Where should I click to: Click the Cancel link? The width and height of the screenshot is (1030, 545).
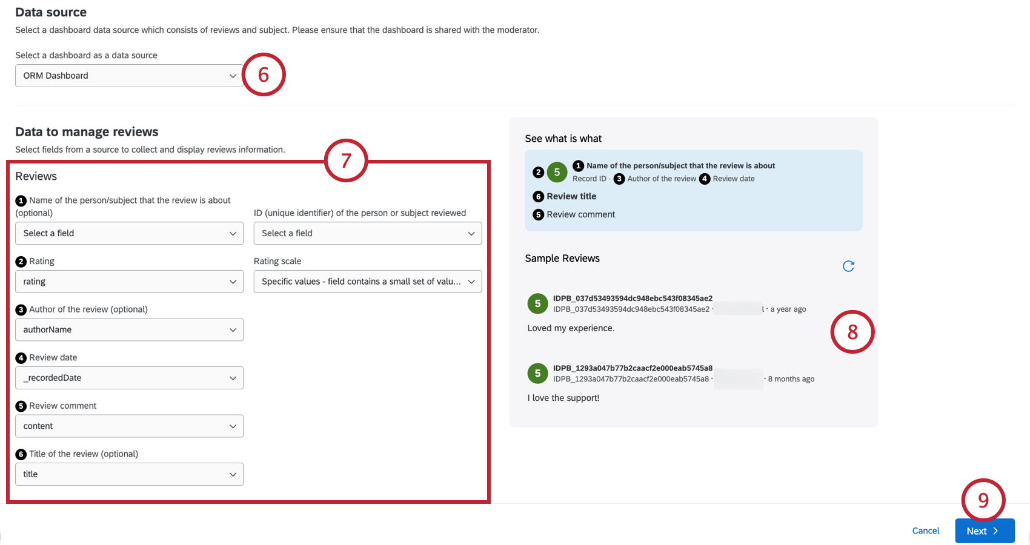click(925, 531)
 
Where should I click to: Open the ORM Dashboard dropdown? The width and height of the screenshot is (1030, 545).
click(129, 76)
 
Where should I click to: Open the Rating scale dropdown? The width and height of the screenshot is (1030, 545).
click(367, 282)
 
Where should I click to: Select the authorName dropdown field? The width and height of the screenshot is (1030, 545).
click(129, 330)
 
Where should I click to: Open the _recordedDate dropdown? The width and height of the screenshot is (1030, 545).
click(129, 378)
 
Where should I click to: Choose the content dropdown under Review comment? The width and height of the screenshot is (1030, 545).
click(129, 426)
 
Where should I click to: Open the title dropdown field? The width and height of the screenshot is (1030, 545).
click(129, 474)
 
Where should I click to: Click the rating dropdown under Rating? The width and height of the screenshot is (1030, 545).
click(129, 282)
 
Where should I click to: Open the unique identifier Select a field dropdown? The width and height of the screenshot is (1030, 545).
click(367, 234)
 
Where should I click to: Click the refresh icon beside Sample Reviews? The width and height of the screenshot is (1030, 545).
click(848, 266)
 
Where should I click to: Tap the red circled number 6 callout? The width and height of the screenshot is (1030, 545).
click(264, 74)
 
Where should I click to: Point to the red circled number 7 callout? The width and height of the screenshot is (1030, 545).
click(346, 160)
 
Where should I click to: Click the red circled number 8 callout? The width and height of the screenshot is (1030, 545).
click(852, 332)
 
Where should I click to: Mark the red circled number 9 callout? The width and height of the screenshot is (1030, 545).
click(983, 500)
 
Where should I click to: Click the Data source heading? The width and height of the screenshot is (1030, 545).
click(51, 12)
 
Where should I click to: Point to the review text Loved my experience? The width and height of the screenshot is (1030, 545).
click(571, 328)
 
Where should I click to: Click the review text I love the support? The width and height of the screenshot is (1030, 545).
click(563, 398)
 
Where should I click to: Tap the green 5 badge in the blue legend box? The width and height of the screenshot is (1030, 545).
click(557, 173)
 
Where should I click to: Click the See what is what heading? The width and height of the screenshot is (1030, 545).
click(563, 139)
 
